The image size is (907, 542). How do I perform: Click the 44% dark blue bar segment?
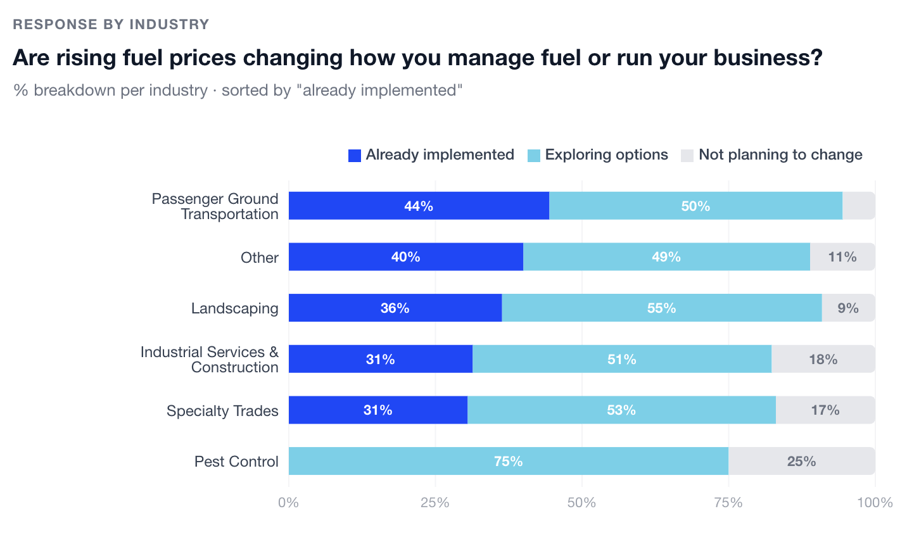419,206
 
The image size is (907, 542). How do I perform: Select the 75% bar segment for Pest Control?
508,461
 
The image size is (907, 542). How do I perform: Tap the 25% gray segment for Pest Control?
801,461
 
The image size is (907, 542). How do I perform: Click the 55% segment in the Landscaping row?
661,308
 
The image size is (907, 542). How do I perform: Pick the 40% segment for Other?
405,256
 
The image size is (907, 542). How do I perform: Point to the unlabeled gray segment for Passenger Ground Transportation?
858,206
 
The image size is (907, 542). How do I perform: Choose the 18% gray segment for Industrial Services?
823,359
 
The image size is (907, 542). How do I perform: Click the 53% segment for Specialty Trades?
621,410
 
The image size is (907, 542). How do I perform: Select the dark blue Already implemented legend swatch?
355,155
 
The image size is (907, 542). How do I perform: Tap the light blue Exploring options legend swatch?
534,155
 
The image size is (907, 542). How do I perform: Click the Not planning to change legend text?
780,155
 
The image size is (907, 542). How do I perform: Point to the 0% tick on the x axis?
288,503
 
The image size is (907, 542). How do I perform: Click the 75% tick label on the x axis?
728,503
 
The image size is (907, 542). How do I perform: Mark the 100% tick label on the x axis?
875,503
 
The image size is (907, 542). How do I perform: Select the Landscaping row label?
234,308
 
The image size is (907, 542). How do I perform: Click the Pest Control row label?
236,462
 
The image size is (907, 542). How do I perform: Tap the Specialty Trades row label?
222,411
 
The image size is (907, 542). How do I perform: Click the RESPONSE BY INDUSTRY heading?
111,25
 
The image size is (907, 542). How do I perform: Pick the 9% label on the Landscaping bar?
848,308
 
